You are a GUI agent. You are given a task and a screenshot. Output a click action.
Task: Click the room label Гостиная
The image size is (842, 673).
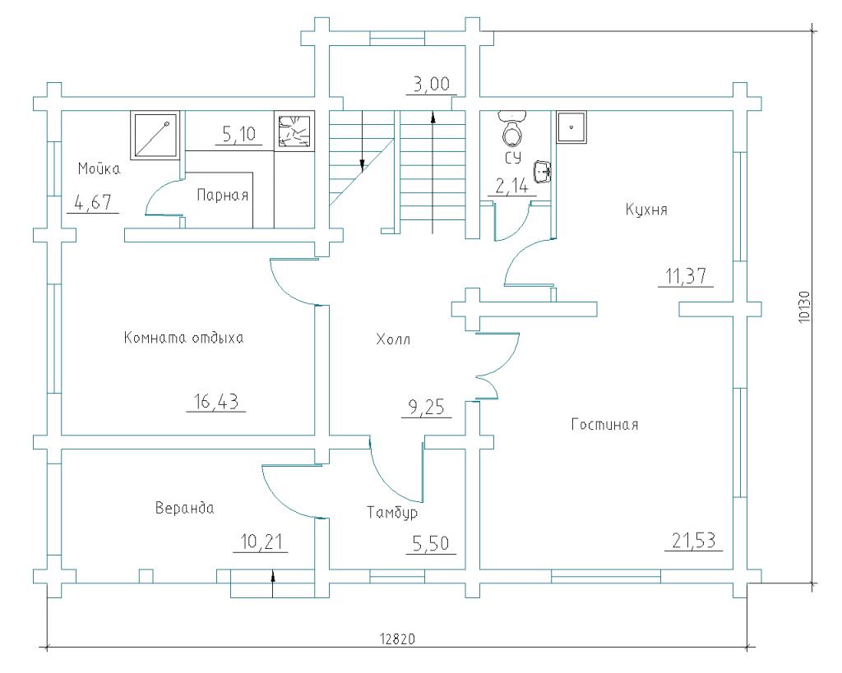[x=604, y=425]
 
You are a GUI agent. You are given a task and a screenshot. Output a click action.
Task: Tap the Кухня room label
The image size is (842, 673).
[x=646, y=210]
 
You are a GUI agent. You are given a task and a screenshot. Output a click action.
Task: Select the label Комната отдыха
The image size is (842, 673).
[x=183, y=338]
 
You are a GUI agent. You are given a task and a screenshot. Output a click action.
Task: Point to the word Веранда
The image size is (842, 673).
[x=184, y=508]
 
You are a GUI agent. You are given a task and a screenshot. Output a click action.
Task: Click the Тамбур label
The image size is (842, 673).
[x=392, y=513]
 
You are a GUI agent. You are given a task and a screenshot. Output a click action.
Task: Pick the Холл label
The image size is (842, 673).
[x=393, y=339]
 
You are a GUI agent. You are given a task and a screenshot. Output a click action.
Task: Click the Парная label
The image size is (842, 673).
[x=222, y=194]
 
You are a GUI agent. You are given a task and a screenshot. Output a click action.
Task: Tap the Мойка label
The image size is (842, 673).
[x=99, y=168]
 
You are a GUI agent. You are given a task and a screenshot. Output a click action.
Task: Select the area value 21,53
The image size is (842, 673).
[x=694, y=541]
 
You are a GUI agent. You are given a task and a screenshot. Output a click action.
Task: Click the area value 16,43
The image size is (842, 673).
[x=216, y=401]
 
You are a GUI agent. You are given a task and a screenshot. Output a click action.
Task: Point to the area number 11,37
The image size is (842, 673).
[x=686, y=276]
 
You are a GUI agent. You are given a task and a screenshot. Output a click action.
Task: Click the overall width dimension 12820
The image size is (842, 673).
[x=397, y=639]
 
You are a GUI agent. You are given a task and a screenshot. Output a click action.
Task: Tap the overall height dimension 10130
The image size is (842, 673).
[x=803, y=307]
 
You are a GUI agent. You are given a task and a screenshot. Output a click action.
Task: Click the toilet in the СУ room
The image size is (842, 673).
[x=512, y=129]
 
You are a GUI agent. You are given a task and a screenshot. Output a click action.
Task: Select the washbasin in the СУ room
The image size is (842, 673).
[x=543, y=173]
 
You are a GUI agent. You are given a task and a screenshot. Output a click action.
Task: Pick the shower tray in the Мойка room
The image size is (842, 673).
[x=155, y=136]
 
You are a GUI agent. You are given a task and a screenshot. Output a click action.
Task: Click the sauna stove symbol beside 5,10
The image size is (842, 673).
[x=294, y=131]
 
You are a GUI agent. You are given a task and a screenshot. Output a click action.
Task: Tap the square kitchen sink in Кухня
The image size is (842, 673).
[x=571, y=127]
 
